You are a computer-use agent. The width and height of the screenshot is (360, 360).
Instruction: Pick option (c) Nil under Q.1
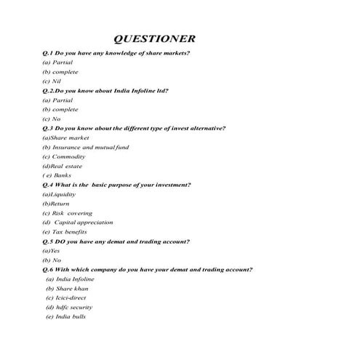[52, 81]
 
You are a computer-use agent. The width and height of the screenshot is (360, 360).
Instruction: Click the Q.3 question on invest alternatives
[135, 128]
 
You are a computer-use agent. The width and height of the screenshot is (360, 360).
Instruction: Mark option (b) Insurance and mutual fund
[86, 147]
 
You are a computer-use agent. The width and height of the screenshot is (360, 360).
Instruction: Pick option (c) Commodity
[64, 156]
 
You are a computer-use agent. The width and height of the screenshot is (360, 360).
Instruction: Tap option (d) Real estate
[63, 166]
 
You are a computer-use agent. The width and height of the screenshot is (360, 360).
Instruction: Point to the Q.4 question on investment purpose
[117, 185]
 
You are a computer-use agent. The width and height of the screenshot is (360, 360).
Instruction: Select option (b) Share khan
[67, 289]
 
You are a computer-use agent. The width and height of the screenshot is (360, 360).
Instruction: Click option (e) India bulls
[66, 317]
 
